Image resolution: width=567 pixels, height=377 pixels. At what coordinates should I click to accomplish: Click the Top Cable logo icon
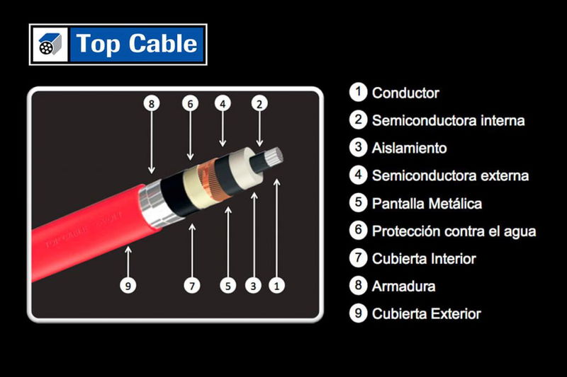pyautogui.click(x=50, y=45)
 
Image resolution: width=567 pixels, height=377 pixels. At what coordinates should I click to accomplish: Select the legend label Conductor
pyautogui.click(x=405, y=93)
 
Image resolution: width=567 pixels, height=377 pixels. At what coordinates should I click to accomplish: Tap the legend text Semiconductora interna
pyautogui.click(x=448, y=120)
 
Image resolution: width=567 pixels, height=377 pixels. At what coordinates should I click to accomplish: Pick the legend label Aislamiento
pyautogui.click(x=409, y=149)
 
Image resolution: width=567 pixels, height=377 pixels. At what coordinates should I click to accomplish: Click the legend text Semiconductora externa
pyautogui.click(x=450, y=175)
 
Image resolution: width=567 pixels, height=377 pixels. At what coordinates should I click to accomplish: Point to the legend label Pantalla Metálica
pyautogui.click(x=427, y=204)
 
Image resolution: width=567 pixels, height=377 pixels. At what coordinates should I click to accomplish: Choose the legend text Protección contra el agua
pyautogui.click(x=454, y=231)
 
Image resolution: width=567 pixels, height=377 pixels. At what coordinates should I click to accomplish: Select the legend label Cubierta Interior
pyautogui.click(x=424, y=259)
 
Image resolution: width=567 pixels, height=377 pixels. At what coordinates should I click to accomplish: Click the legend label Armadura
pyautogui.click(x=403, y=286)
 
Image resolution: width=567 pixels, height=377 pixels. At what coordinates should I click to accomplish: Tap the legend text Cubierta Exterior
pyautogui.click(x=426, y=314)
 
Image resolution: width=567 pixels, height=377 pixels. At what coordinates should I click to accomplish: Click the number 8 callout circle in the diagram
pyautogui.click(x=151, y=103)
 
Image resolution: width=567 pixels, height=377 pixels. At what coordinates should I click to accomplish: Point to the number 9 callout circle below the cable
pyautogui.click(x=128, y=286)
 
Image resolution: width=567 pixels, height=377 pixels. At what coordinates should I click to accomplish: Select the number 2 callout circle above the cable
pyautogui.click(x=259, y=103)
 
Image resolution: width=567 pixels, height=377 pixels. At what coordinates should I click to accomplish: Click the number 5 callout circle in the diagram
pyautogui.click(x=228, y=286)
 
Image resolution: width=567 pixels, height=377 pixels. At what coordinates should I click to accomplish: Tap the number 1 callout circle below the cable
pyautogui.click(x=278, y=286)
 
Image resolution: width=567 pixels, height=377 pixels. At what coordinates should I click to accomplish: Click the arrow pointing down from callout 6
pyautogui.click(x=189, y=134)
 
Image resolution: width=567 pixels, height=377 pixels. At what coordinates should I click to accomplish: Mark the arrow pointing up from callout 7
pyautogui.click(x=192, y=248)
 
